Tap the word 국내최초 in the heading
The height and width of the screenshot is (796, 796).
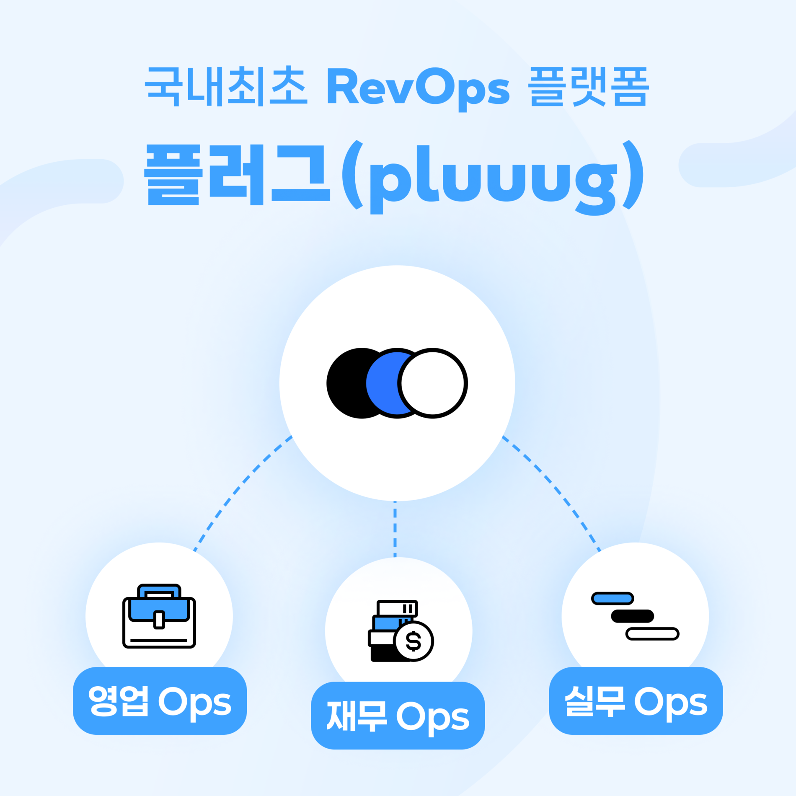(x=226, y=86)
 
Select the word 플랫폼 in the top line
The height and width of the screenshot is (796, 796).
(x=588, y=86)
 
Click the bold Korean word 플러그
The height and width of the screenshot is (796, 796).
(x=237, y=174)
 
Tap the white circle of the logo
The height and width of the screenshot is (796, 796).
(x=433, y=383)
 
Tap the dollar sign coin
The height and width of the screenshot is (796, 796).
(x=414, y=641)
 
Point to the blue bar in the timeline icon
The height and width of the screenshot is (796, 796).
(x=612, y=598)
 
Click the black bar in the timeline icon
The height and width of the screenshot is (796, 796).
(x=632, y=616)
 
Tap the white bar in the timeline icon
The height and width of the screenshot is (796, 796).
(x=652, y=633)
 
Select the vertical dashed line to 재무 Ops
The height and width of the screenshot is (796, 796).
(x=395, y=529)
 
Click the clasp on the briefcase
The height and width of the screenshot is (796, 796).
(x=159, y=620)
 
